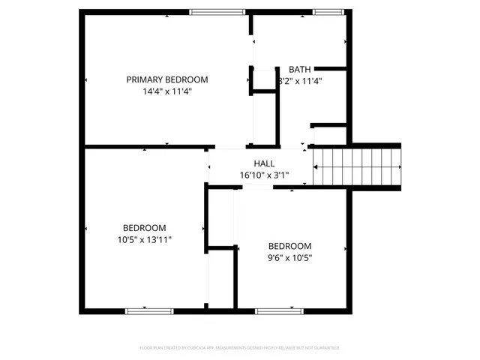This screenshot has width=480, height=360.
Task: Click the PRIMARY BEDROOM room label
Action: pyautogui.click(x=166, y=79)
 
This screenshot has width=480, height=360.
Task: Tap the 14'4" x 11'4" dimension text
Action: pyautogui.click(x=166, y=91)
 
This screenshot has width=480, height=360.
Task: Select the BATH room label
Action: pyautogui.click(x=299, y=69)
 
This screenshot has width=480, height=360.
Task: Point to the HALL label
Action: pyautogui.click(x=264, y=163)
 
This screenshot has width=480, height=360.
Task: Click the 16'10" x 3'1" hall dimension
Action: pyautogui.click(x=264, y=175)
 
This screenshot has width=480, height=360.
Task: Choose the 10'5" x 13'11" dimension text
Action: pyautogui.click(x=144, y=240)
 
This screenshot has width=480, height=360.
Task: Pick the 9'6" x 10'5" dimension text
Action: pyautogui.click(x=289, y=258)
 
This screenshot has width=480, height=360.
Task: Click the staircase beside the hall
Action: pyautogui.click(x=357, y=166)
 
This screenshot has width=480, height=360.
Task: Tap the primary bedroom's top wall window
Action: pyautogui.click(x=217, y=11)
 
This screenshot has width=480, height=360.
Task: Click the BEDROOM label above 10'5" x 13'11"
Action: pyautogui.click(x=144, y=228)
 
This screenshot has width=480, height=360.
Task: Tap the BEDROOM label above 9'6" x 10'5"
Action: pyautogui.click(x=289, y=246)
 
